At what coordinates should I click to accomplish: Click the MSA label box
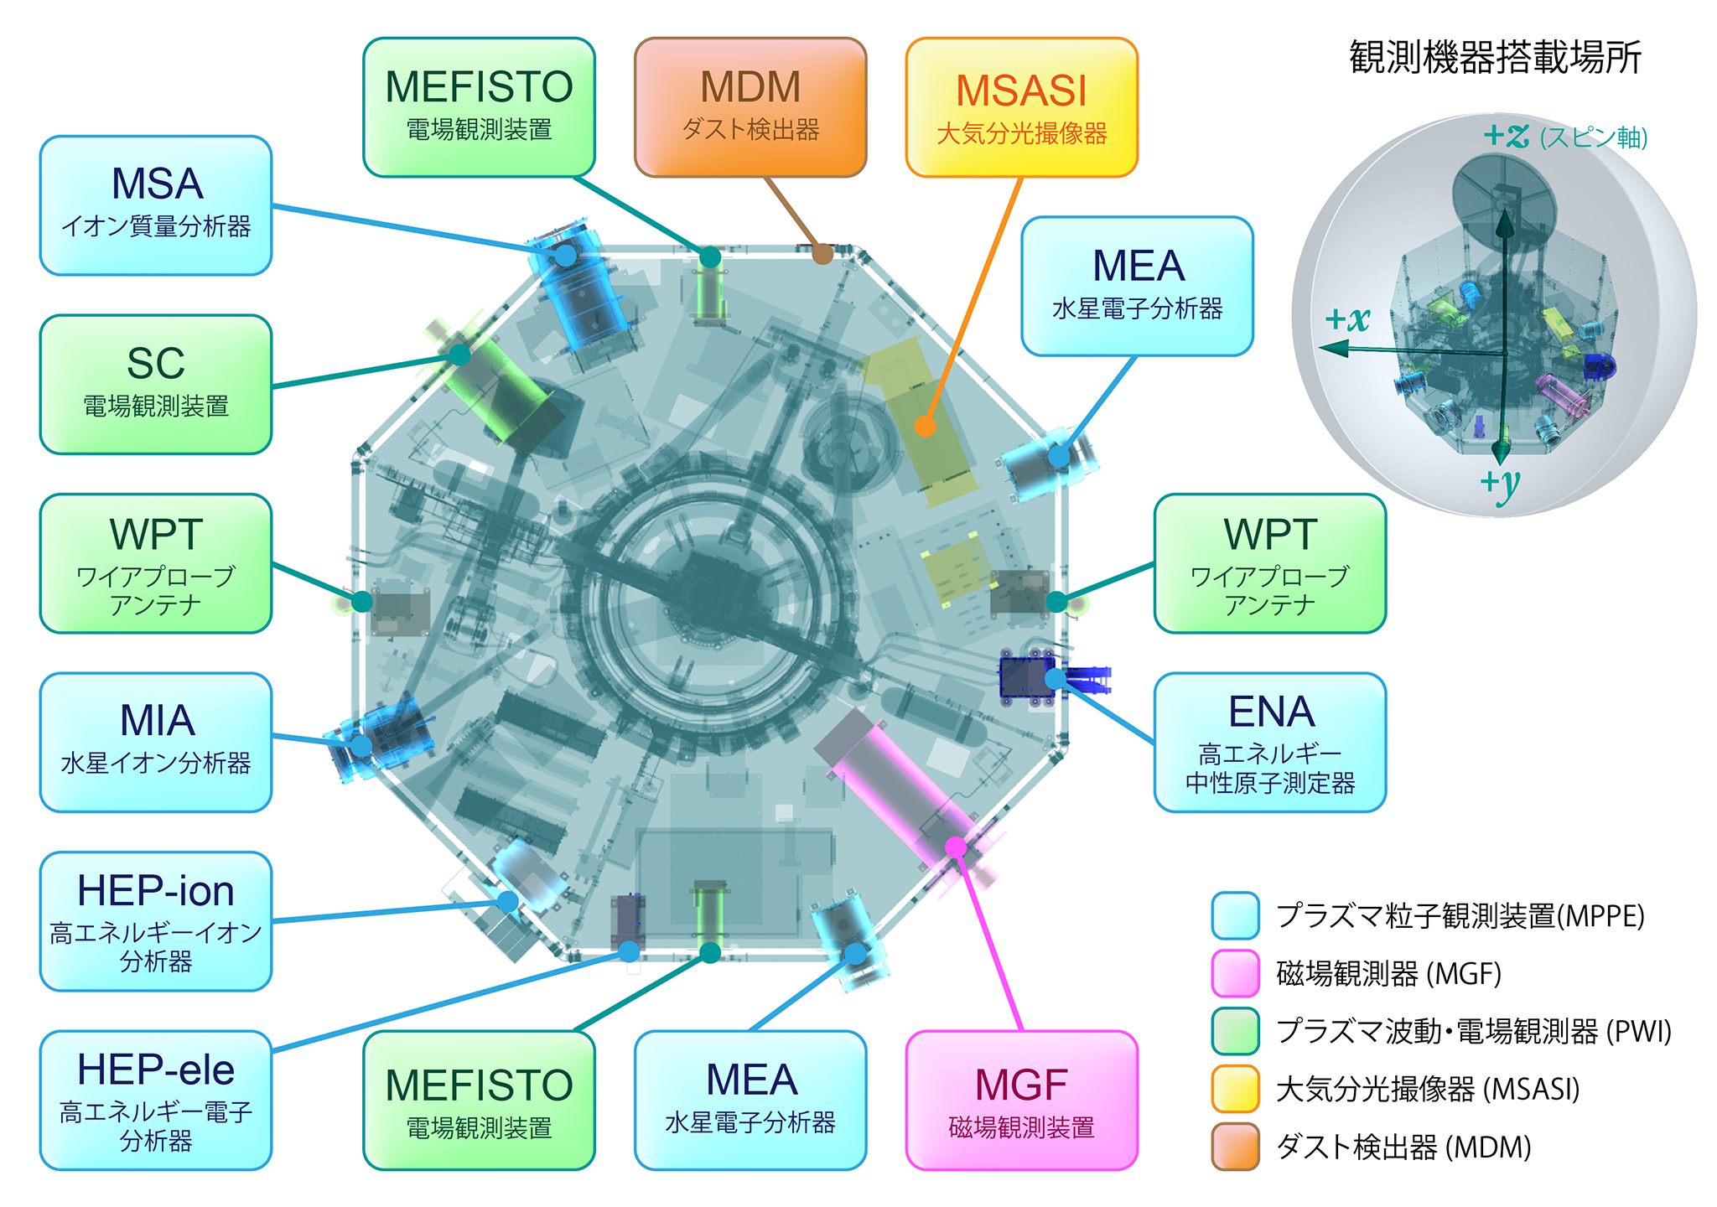[x=156, y=205]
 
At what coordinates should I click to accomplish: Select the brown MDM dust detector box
[x=750, y=107]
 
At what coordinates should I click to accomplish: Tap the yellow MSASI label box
[x=1021, y=107]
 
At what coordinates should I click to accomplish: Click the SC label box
[x=156, y=385]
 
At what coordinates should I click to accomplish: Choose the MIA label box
[x=156, y=742]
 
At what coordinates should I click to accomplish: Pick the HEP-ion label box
[x=156, y=921]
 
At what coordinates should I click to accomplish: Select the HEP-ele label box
[x=156, y=1100]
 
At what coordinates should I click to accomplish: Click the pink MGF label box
[x=1021, y=1100]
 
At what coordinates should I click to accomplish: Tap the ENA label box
[x=1269, y=742]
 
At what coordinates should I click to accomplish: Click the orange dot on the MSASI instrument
[x=925, y=427]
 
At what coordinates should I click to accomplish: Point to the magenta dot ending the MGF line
[x=956, y=847]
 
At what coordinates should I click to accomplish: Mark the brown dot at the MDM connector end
[x=822, y=253]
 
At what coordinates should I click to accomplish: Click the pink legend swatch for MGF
[x=1235, y=973]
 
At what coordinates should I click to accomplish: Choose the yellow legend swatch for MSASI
[x=1235, y=1088]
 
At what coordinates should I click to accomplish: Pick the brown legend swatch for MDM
[x=1235, y=1146]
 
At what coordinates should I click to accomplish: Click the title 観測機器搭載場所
[x=1495, y=57]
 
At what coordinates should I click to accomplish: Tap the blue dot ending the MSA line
[x=567, y=256]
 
